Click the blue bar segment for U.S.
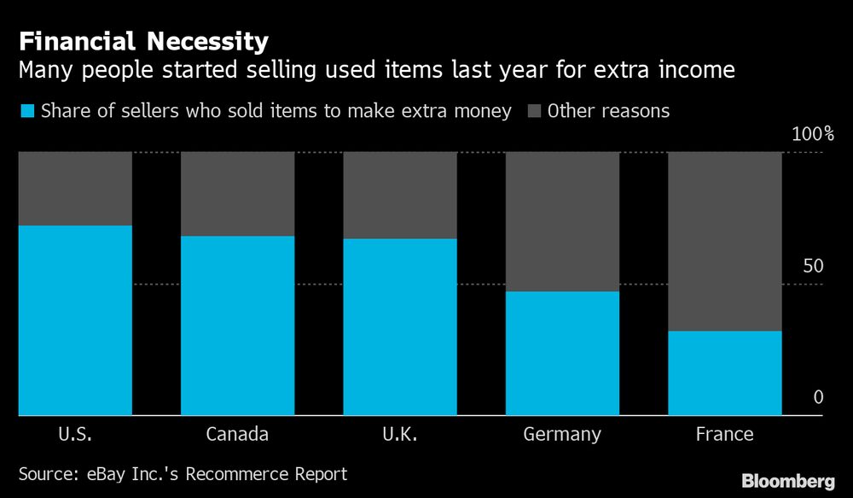point(75,320)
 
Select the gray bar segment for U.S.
point(75,188)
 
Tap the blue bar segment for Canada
point(237,325)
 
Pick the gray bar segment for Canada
point(237,193)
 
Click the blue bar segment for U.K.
point(400,327)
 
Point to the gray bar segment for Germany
point(562,221)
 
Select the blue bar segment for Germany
point(562,354)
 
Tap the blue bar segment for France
point(724,373)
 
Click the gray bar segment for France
point(724,241)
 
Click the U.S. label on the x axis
point(75,434)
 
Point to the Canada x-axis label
point(237,434)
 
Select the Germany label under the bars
point(562,435)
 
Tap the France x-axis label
point(724,434)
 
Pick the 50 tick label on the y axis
point(813,267)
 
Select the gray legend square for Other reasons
point(535,111)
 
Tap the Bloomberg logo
point(788,481)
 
